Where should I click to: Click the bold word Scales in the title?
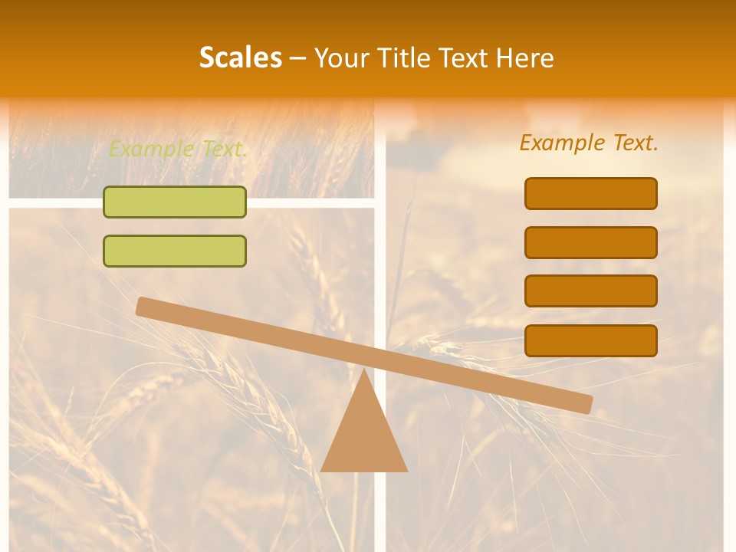240,58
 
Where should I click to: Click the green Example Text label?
178,149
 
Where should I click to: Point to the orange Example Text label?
589,143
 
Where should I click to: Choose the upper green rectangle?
175,202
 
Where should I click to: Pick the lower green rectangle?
175,251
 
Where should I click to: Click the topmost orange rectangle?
591,193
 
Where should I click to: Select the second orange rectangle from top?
591,242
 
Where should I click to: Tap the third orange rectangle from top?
591,291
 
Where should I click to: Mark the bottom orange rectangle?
591,340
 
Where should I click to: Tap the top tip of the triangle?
363,371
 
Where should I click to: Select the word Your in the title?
343,58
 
